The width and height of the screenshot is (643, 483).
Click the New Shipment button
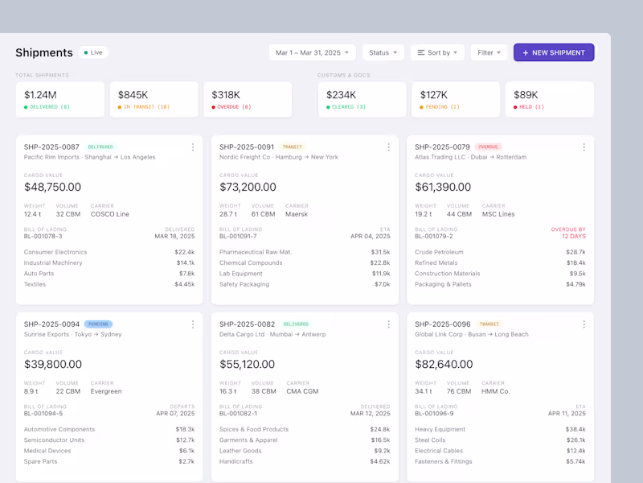(x=554, y=52)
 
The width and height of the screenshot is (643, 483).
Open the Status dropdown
(x=383, y=52)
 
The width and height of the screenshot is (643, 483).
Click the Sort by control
(x=437, y=52)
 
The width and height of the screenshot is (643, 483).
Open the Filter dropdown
(x=489, y=52)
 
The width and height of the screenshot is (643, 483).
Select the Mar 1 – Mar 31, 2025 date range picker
(x=312, y=52)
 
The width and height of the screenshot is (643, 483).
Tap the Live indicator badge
(x=93, y=52)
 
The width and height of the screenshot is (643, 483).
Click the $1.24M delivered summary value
(x=40, y=95)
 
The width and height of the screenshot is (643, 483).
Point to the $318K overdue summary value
(x=226, y=95)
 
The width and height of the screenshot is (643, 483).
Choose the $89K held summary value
(x=526, y=95)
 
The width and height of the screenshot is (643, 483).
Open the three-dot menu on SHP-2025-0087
(x=193, y=147)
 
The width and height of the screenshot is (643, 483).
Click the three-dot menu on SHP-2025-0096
(x=584, y=324)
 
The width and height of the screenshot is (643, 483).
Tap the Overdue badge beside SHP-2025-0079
(x=488, y=147)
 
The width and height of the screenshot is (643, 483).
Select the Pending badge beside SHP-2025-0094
(x=98, y=324)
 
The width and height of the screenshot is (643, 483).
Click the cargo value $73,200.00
(x=248, y=187)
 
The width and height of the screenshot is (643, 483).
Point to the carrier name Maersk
(x=297, y=214)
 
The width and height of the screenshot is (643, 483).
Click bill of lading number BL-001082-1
(x=238, y=413)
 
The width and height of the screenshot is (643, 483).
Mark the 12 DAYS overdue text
(x=574, y=236)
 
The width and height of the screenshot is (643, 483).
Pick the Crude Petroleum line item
(x=439, y=252)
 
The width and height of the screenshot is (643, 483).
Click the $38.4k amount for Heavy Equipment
(x=575, y=429)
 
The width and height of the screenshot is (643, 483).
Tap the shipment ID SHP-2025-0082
(x=247, y=324)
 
